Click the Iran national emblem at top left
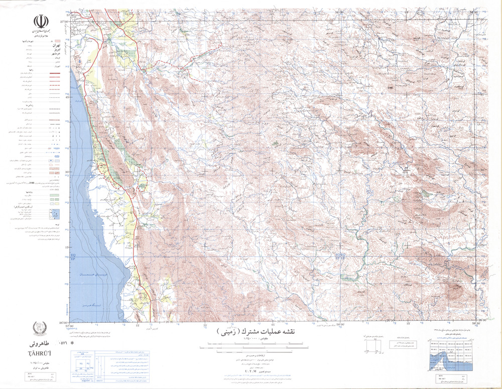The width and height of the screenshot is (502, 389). (40, 22)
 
